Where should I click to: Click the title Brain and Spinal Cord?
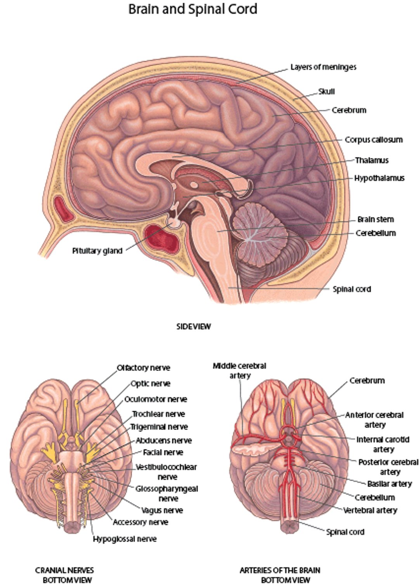pos(192,9)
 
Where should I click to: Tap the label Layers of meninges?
pos(323,67)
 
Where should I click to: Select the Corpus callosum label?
pos(374,140)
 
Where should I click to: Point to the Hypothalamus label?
pos(379,178)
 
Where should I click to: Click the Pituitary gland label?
pos(97,251)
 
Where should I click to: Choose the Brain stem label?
pos(375,219)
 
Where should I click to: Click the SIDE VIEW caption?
pos(194,327)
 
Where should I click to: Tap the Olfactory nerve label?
pos(144,368)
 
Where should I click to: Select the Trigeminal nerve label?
pos(159,427)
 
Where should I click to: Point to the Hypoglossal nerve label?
pos(125,539)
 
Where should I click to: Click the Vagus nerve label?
pos(162,511)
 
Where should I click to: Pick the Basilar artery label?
pos(389,484)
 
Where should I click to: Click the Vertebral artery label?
pos(370,511)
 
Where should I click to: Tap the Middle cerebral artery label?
pos(239,370)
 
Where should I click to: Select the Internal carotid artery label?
pos(383,444)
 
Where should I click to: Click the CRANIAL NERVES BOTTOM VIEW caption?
pos(64,575)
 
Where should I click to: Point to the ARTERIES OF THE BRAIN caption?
pos(280,575)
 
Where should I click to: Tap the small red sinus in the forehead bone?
pos(63,209)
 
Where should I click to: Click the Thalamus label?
pos(371,160)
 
